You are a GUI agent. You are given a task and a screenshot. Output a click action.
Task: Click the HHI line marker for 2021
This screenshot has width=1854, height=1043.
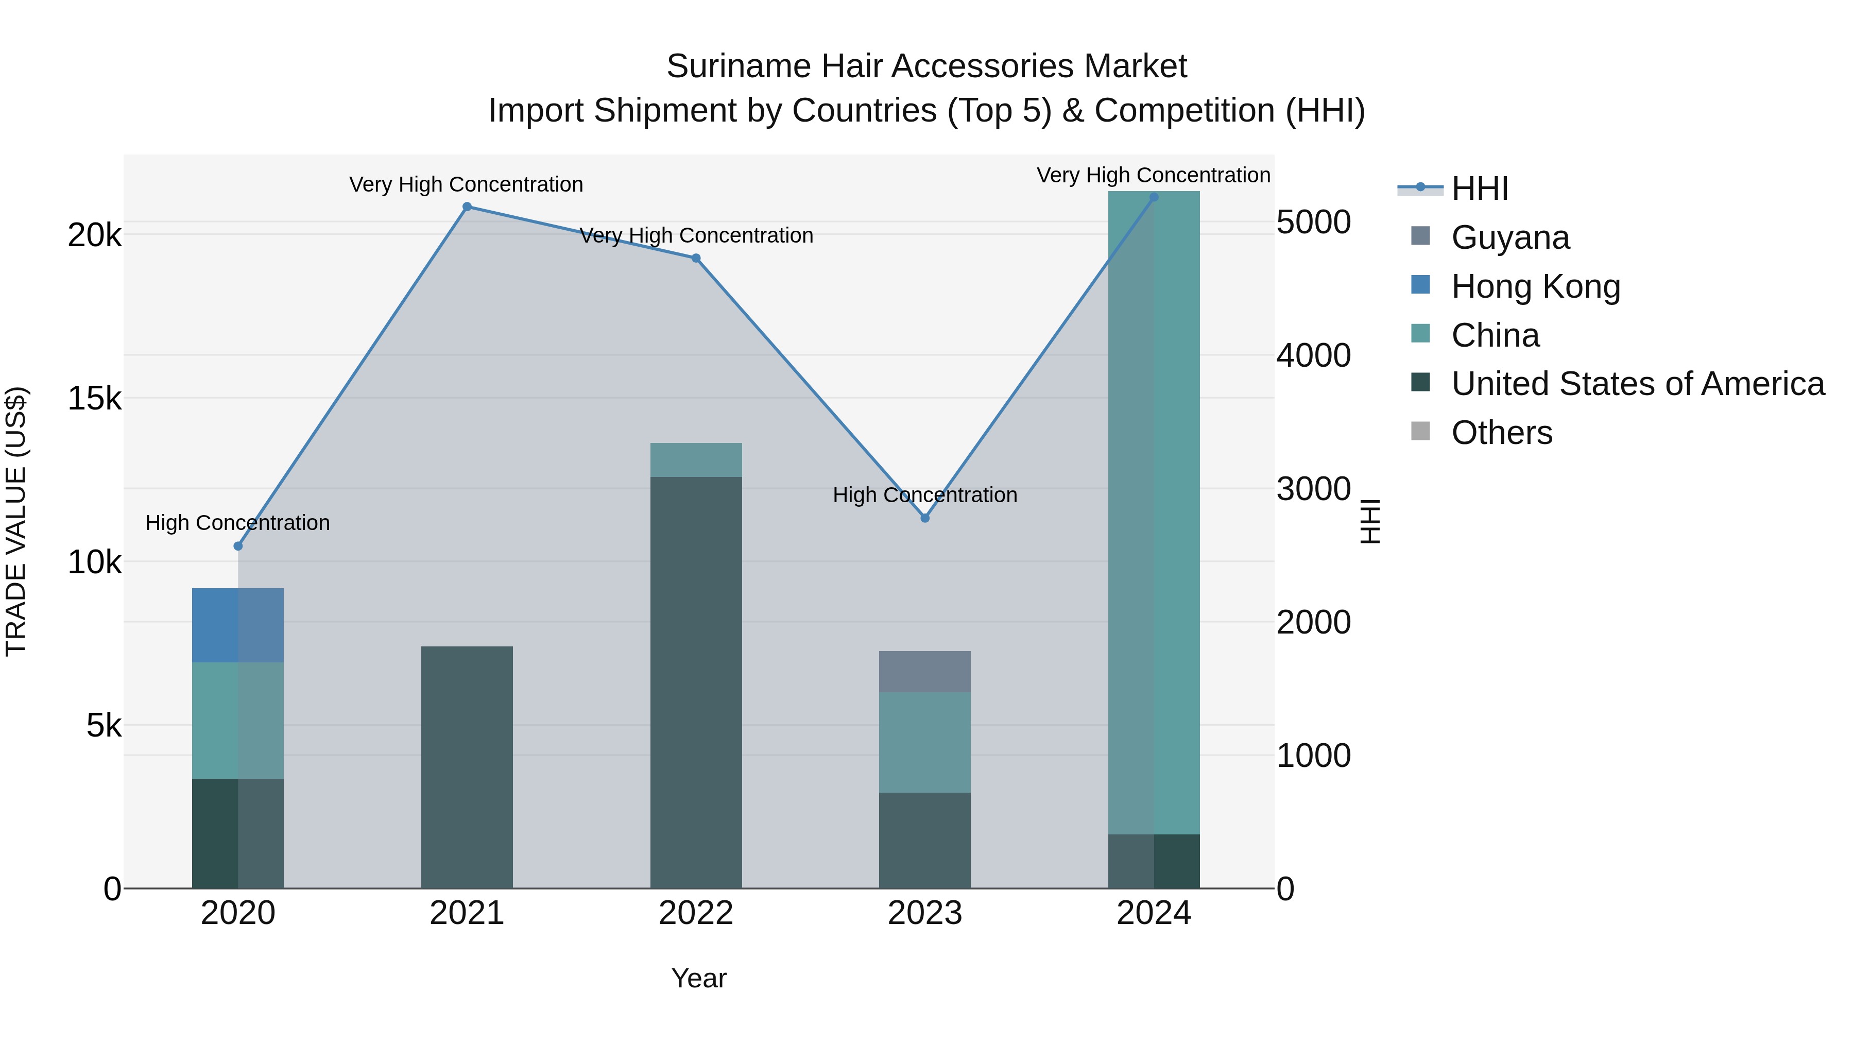coord(467,207)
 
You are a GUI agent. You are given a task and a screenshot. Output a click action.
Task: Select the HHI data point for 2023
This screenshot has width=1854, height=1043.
coord(925,518)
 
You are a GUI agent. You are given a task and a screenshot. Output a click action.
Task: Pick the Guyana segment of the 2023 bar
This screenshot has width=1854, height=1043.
coord(925,672)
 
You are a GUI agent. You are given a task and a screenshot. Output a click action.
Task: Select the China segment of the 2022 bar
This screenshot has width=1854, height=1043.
coord(696,460)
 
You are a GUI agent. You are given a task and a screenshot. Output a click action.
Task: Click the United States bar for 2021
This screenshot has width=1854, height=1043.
coord(467,766)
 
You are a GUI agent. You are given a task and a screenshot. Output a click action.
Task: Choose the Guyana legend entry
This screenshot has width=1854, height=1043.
coord(1510,237)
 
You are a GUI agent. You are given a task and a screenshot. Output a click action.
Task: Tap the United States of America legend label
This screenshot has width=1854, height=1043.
coord(1637,384)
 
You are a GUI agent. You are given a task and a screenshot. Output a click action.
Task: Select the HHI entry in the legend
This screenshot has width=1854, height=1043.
coord(1480,189)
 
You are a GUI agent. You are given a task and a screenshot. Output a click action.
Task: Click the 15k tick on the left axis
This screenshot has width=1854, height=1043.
coord(94,398)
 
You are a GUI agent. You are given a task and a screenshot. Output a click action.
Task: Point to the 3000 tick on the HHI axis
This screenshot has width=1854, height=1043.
coord(1313,489)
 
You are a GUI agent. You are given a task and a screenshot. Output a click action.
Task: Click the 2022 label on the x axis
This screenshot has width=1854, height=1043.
coord(696,913)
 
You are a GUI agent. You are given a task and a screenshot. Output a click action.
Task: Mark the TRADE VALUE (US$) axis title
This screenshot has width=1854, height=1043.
coord(16,521)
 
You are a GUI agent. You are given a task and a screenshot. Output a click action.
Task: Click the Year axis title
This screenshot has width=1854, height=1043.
coord(699,978)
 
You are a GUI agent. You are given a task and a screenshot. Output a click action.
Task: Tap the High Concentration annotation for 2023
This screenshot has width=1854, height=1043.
coord(925,495)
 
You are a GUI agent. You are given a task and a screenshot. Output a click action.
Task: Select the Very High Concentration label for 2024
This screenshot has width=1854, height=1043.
coord(1154,175)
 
